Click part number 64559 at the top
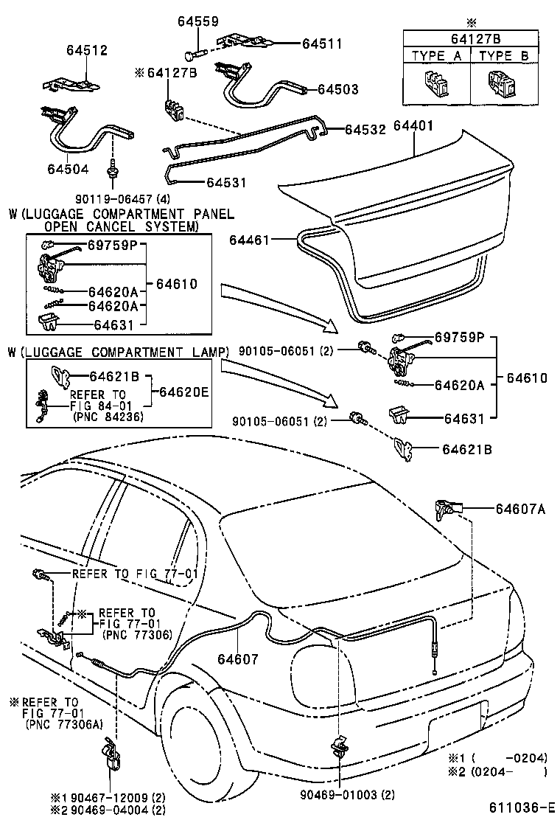tap(197, 22)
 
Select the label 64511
tap(322, 44)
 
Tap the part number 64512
tap(86, 51)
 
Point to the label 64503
tap(338, 89)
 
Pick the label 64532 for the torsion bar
tap(365, 129)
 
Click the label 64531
tap(226, 182)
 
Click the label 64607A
tap(520, 507)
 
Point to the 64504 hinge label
tap(67, 168)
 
